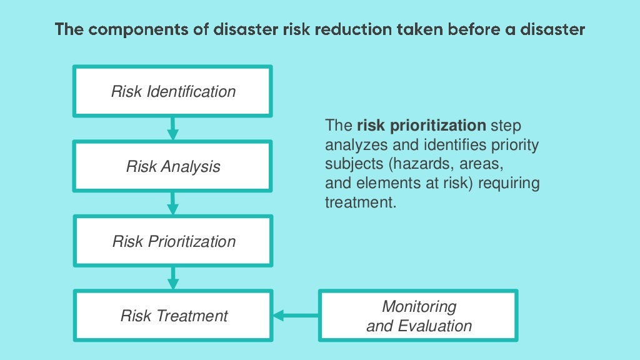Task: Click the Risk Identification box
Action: [173, 91]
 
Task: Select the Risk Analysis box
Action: [173, 166]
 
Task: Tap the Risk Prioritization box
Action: [173, 241]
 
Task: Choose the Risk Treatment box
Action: [173, 316]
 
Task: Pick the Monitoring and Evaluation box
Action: [418, 316]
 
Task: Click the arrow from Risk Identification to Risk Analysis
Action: [173, 128]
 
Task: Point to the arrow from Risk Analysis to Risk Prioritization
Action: [173, 203]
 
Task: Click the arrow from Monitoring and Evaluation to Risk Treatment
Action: [296, 316]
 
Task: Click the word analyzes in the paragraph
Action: [352, 146]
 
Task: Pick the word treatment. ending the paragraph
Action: [361, 203]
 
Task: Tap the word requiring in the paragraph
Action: [509, 184]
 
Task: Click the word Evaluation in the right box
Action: [435, 326]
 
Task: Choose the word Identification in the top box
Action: [191, 91]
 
